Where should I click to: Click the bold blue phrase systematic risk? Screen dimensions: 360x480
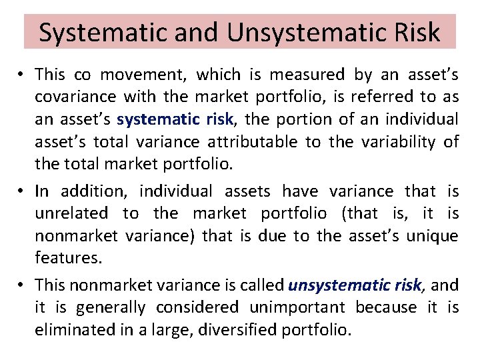tap(175, 120)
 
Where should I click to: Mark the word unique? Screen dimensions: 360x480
tap(434, 236)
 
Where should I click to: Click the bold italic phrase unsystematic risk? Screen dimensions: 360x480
tap(355, 285)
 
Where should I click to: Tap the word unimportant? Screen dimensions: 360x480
tap(297, 307)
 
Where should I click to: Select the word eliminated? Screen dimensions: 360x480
tap(75, 329)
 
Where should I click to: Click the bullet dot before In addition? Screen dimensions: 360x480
tap(22, 192)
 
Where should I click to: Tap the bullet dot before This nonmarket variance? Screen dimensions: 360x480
tap(22, 285)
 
